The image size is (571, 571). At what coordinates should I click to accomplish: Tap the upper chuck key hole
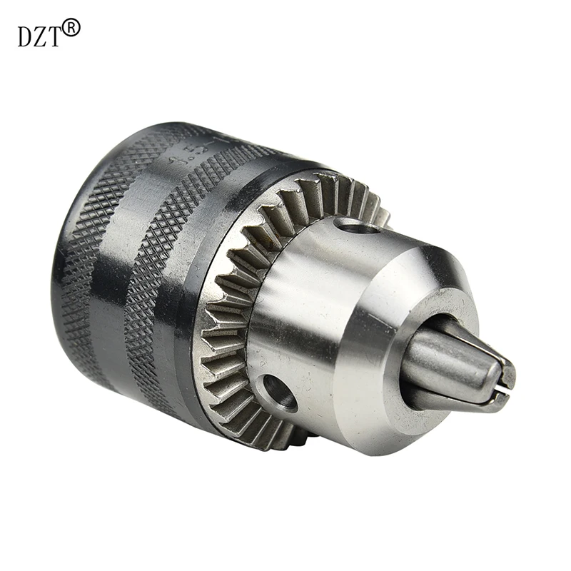point(354,227)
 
